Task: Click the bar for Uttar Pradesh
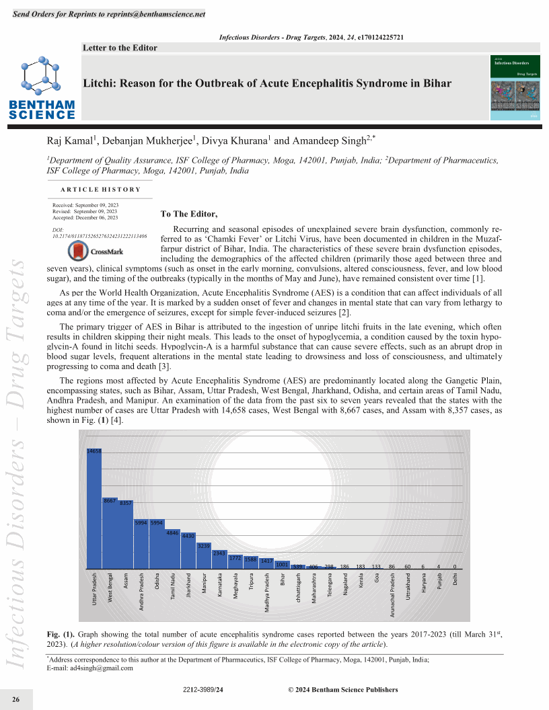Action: coord(94,511)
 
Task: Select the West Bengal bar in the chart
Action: coord(110,535)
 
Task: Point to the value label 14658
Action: coord(94,451)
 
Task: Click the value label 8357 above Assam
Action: coord(126,503)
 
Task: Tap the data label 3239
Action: coord(204,545)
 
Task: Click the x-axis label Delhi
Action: coord(455,579)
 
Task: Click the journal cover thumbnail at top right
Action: coord(516,88)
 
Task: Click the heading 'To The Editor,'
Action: coord(189,214)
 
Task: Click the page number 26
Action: coord(15,700)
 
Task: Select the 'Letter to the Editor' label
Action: coord(120,48)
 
